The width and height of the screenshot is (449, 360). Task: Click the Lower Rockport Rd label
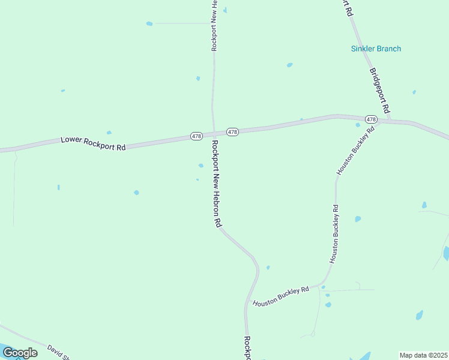coord(93,143)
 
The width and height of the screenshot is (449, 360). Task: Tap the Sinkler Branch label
coord(376,49)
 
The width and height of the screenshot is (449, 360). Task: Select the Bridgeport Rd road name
coord(380,91)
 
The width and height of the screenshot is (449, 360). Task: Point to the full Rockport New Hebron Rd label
coord(216,184)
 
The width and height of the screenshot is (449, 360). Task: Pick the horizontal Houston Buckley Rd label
coord(280,296)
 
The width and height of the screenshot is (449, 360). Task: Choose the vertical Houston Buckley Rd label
coord(334,234)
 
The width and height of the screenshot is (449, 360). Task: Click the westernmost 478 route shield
coord(196,137)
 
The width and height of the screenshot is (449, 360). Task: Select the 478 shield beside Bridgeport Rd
coord(371,119)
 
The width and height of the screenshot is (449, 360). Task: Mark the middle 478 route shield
coord(233,131)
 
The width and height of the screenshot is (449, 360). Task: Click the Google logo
coord(20,353)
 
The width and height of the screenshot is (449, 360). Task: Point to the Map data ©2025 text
coord(423,355)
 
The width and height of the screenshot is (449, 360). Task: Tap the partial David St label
coord(59,352)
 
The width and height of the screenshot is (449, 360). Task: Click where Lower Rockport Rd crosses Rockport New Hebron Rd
coord(213,134)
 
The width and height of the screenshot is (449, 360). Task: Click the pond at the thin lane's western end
coord(149,23)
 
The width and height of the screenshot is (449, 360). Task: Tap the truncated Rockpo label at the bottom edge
coord(247,348)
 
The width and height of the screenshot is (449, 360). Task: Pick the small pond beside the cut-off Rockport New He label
coord(225,10)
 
